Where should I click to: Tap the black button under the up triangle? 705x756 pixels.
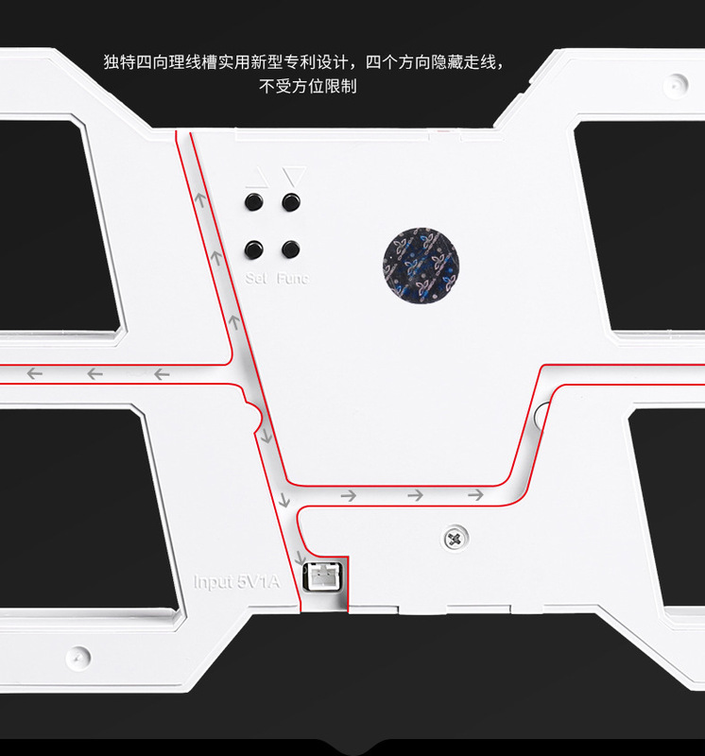point(253,202)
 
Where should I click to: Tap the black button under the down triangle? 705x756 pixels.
point(290,202)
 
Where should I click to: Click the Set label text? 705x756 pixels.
point(255,279)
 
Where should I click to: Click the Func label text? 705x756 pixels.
point(292,279)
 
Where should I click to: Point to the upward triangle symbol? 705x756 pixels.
point(253,177)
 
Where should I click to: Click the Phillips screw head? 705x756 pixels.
point(454,540)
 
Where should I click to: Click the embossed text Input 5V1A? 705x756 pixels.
point(237,582)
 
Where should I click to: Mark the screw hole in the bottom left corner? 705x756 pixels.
point(77,654)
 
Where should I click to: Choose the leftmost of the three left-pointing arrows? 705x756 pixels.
point(35,374)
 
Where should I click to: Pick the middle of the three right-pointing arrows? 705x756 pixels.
point(415,494)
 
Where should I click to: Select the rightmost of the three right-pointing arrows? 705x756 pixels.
point(475,494)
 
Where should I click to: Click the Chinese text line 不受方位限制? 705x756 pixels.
point(307,86)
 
